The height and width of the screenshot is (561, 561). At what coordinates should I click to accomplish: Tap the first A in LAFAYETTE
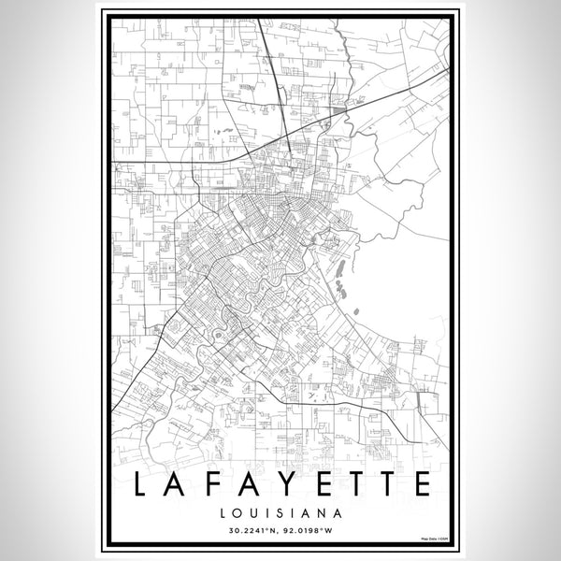click(x=180, y=484)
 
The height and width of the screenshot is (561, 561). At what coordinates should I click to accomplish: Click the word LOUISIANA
click(x=280, y=512)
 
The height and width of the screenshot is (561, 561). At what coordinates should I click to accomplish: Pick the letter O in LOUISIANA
click(x=237, y=512)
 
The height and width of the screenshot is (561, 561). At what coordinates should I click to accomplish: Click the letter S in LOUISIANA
click(x=279, y=512)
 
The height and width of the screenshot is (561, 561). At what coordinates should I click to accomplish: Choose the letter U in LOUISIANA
click(x=253, y=512)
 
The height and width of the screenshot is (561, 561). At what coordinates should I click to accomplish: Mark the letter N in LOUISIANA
click(x=321, y=512)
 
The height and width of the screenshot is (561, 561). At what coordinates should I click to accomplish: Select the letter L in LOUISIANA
click(x=223, y=512)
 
